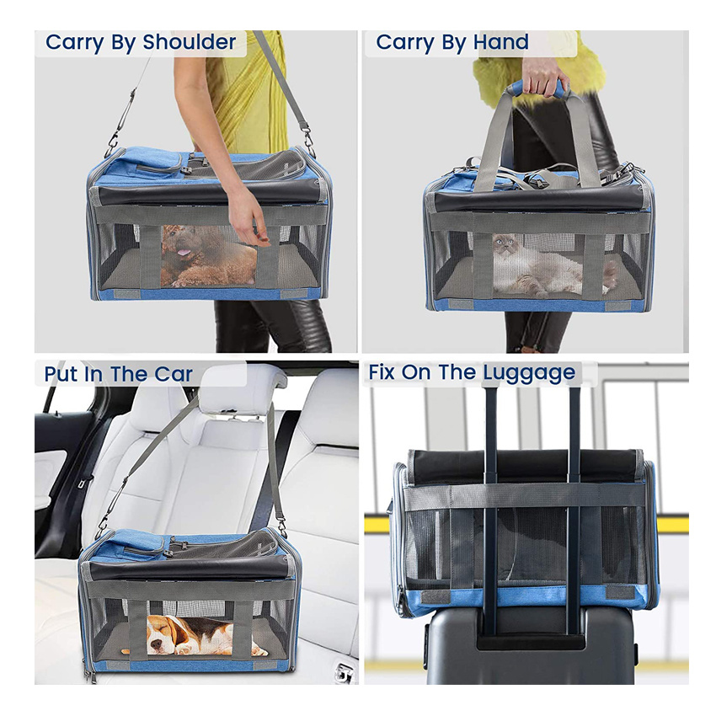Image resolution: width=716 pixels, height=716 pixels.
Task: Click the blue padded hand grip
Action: click(536, 88)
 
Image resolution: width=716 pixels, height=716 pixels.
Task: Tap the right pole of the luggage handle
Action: click(574, 505)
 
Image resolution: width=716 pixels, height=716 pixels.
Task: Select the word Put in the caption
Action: click(61, 374)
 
